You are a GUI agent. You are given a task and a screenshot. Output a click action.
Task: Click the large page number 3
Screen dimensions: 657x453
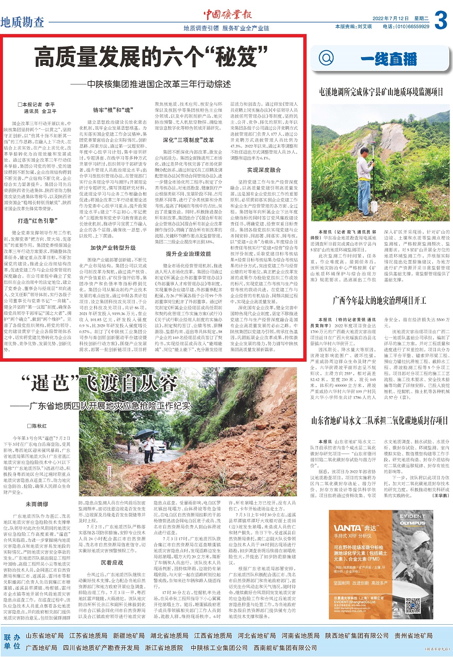point(440,20)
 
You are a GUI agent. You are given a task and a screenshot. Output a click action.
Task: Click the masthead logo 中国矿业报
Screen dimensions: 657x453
point(228,15)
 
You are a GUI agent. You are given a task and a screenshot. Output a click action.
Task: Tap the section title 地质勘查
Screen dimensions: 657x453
point(22,22)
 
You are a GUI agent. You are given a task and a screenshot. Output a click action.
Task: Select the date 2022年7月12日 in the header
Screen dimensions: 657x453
point(390,18)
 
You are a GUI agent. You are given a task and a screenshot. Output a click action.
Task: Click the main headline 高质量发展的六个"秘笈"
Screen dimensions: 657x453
point(151,58)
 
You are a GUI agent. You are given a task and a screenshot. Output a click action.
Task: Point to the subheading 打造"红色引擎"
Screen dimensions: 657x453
point(38,221)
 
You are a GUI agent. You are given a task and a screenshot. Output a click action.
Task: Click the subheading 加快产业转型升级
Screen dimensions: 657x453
point(113,248)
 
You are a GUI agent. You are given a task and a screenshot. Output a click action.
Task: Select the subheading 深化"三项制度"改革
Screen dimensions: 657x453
point(188,140)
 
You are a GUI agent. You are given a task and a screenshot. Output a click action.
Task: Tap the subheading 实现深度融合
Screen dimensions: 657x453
point(264,170)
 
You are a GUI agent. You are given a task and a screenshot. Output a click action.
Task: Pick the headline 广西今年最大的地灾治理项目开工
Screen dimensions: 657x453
point(379,300)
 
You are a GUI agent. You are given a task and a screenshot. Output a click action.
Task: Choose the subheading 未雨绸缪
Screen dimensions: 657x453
point(37,504)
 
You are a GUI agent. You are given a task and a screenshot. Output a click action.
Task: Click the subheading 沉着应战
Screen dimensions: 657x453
point(112,562)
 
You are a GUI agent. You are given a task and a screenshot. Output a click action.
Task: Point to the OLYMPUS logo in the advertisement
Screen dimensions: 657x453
point(412,523)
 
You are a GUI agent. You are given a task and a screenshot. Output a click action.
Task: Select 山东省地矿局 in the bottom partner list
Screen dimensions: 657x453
point(45,636)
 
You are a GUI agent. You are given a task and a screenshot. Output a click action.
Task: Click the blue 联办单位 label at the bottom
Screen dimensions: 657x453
point(12,641)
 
